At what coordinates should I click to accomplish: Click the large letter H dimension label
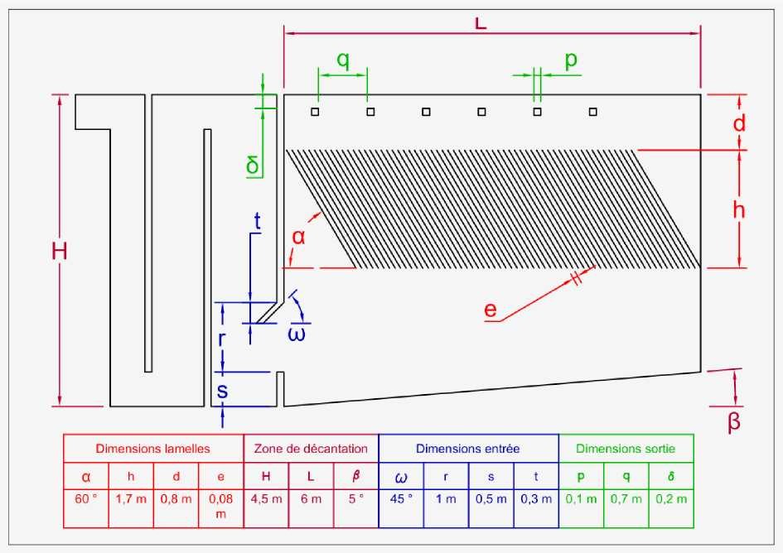[60, 251]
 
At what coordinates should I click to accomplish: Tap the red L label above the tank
[480, 23]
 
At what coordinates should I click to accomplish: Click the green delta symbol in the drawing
[253, 165]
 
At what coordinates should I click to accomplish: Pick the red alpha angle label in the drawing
[298, 237]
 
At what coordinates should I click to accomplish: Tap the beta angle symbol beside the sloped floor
[733, 421]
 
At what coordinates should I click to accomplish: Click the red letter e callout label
[491, 310]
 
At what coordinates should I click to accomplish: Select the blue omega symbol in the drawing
[297, 334]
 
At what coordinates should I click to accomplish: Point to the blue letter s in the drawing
[222, 391]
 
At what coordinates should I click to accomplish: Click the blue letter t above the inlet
[257, 220]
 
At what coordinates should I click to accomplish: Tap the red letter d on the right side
[739, 123]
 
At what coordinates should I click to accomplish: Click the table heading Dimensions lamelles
[152, 449]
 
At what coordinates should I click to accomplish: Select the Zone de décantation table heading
[311, 449]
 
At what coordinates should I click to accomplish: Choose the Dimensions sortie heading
[626, 449]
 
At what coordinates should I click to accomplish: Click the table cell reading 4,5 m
[266, 498]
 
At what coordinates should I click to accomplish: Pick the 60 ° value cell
[86, 498]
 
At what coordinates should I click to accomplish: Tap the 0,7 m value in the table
[626, 498]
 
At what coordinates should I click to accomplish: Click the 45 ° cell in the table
[401, 498]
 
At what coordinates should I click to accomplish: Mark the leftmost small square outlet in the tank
[315, 112]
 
